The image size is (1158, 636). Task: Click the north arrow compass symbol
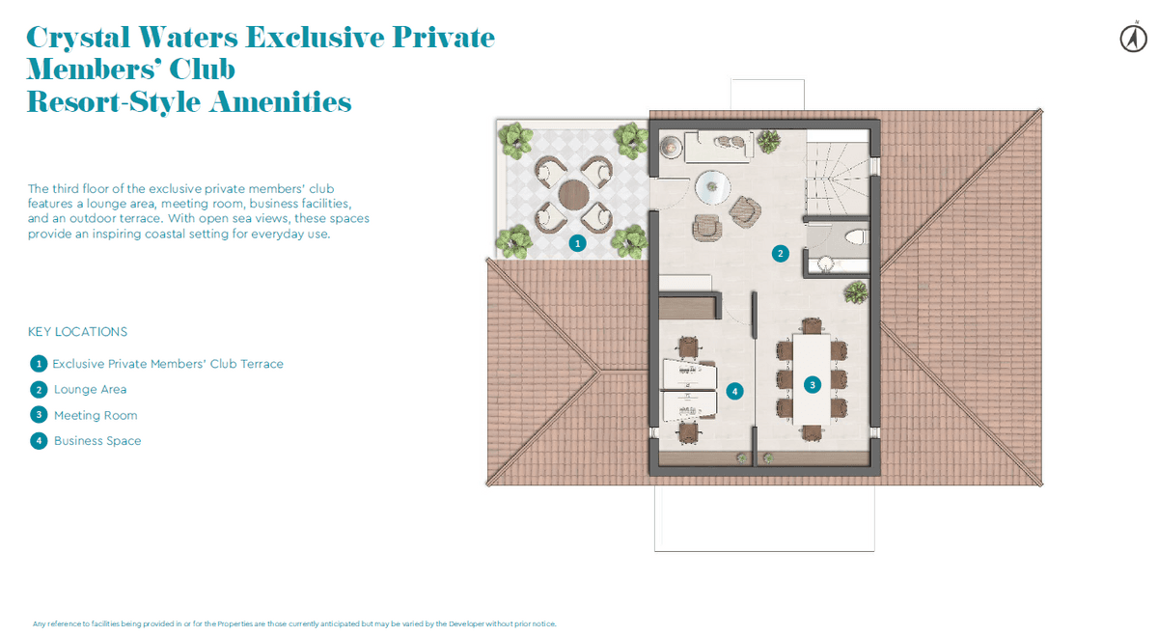(x=1133, y=39)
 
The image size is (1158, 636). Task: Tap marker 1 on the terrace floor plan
(x=577, y=243)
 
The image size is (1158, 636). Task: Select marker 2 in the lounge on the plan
(x=780, y=254)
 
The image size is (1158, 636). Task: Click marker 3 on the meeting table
(x=813, y=385)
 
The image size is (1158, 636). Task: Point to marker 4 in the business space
(x=734, y=392)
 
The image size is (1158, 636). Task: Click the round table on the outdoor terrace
(x=573, y=195)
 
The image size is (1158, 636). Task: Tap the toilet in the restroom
(x=856, y=237)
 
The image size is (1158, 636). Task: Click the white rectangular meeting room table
(x=812, y=379)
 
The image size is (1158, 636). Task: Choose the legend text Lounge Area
(x=90, y=389)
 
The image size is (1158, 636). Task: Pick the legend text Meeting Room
(x=96, y=415)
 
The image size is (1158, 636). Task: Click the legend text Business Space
(x=97, y=440)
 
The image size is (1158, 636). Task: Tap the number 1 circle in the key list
(x=39, y=364)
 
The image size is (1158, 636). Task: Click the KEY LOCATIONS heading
(x=77, y=331)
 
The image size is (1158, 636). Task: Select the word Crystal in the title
(x=77, y=38)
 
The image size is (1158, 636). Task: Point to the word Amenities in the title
(x=280, y=101)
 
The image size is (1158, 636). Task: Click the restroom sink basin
(x=826, y=264)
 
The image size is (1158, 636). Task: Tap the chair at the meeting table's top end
(x=812, y=326)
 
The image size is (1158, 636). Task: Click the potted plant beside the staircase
(x=768, y=141)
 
